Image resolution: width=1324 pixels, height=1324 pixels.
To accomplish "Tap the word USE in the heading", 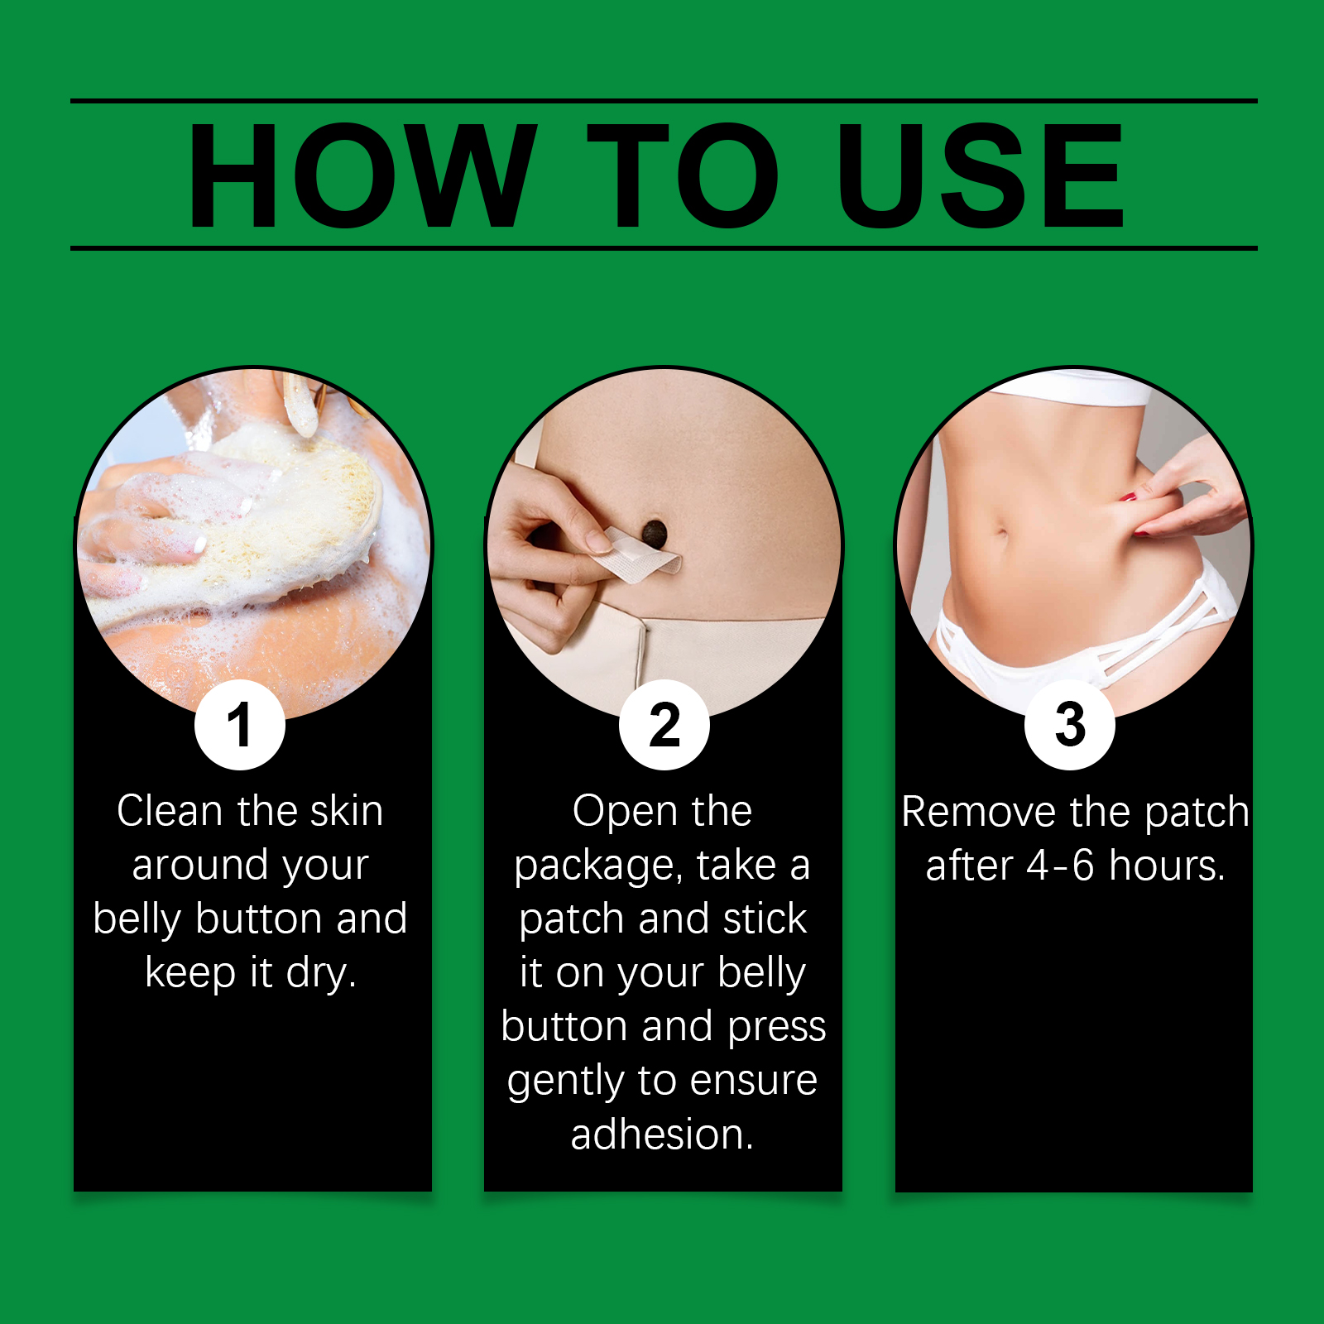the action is [x=981, y=175].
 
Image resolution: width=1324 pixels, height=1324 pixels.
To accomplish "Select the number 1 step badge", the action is [x=240, y=725].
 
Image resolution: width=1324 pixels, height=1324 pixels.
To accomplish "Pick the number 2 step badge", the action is [x=664, y=725].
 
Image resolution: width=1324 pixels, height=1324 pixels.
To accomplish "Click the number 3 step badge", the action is [x=1070, y=725].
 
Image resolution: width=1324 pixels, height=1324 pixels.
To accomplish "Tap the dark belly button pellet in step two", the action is [x=655, y=533].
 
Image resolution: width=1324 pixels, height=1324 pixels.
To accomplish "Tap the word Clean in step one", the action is [x=170, y=810].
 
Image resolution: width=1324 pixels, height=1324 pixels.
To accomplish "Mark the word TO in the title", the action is [x=683, y=175].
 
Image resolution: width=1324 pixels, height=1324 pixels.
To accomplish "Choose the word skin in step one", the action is [x=346, y=810].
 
